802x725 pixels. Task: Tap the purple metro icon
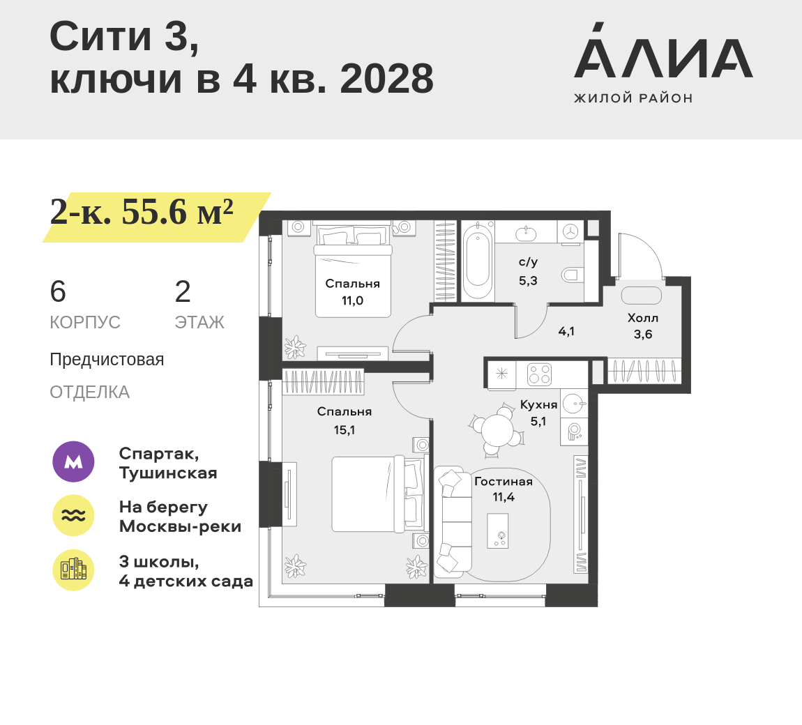(x=74, y=461)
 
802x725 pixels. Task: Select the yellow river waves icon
(x=74, y=515)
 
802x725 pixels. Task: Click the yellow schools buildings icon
(x=74, y=570)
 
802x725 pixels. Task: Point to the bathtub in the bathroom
(x=477, y=261)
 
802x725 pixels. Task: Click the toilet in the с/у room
(x=572, y=275)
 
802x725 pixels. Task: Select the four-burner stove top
(x=539, y=374)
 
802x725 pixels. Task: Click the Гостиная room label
(x=504, y=482)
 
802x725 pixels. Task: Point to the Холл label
(x=643, y=318)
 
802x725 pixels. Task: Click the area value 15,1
(x=345, y=430)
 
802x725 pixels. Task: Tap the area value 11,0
(x=352, y=300)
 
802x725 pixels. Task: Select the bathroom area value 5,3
(x=528, y=281)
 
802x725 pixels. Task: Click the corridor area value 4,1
(x=566, y=331)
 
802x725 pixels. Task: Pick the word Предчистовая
(x=107, y=360)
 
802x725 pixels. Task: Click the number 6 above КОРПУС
(x=58, y=291)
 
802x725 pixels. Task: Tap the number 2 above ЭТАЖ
(x=183, y=291)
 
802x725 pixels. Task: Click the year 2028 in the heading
(x=386, y=79)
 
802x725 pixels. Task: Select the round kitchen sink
(x=574, y=404)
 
